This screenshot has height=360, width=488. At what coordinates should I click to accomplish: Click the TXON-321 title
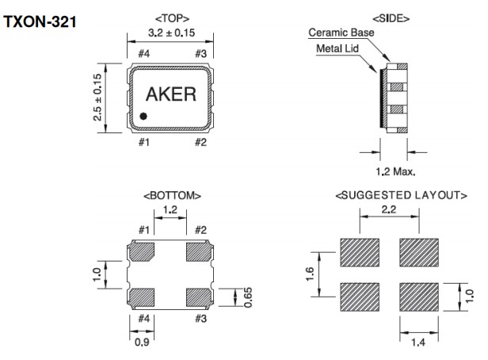pyautogui.click(x=40, y=22)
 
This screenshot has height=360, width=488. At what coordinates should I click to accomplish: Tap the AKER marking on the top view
pyautogui.click(x=170, y=94)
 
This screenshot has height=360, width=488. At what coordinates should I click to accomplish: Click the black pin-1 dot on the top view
pyautogui.click(x=143, y=116)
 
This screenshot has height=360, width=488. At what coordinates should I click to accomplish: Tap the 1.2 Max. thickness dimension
pyautogui.click(x=395, y=170)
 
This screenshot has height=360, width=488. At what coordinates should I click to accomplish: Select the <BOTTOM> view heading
pyautogui.click(x=171, y=195)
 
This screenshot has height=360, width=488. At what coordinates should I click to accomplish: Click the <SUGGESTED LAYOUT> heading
pyautogui.click(x=401, y=195)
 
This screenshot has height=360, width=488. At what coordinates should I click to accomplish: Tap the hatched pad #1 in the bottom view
pyautogui.click(x=143, y=253)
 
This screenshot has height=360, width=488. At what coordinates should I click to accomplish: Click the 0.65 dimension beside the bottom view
pyautogui.click(x=248, y=297)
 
